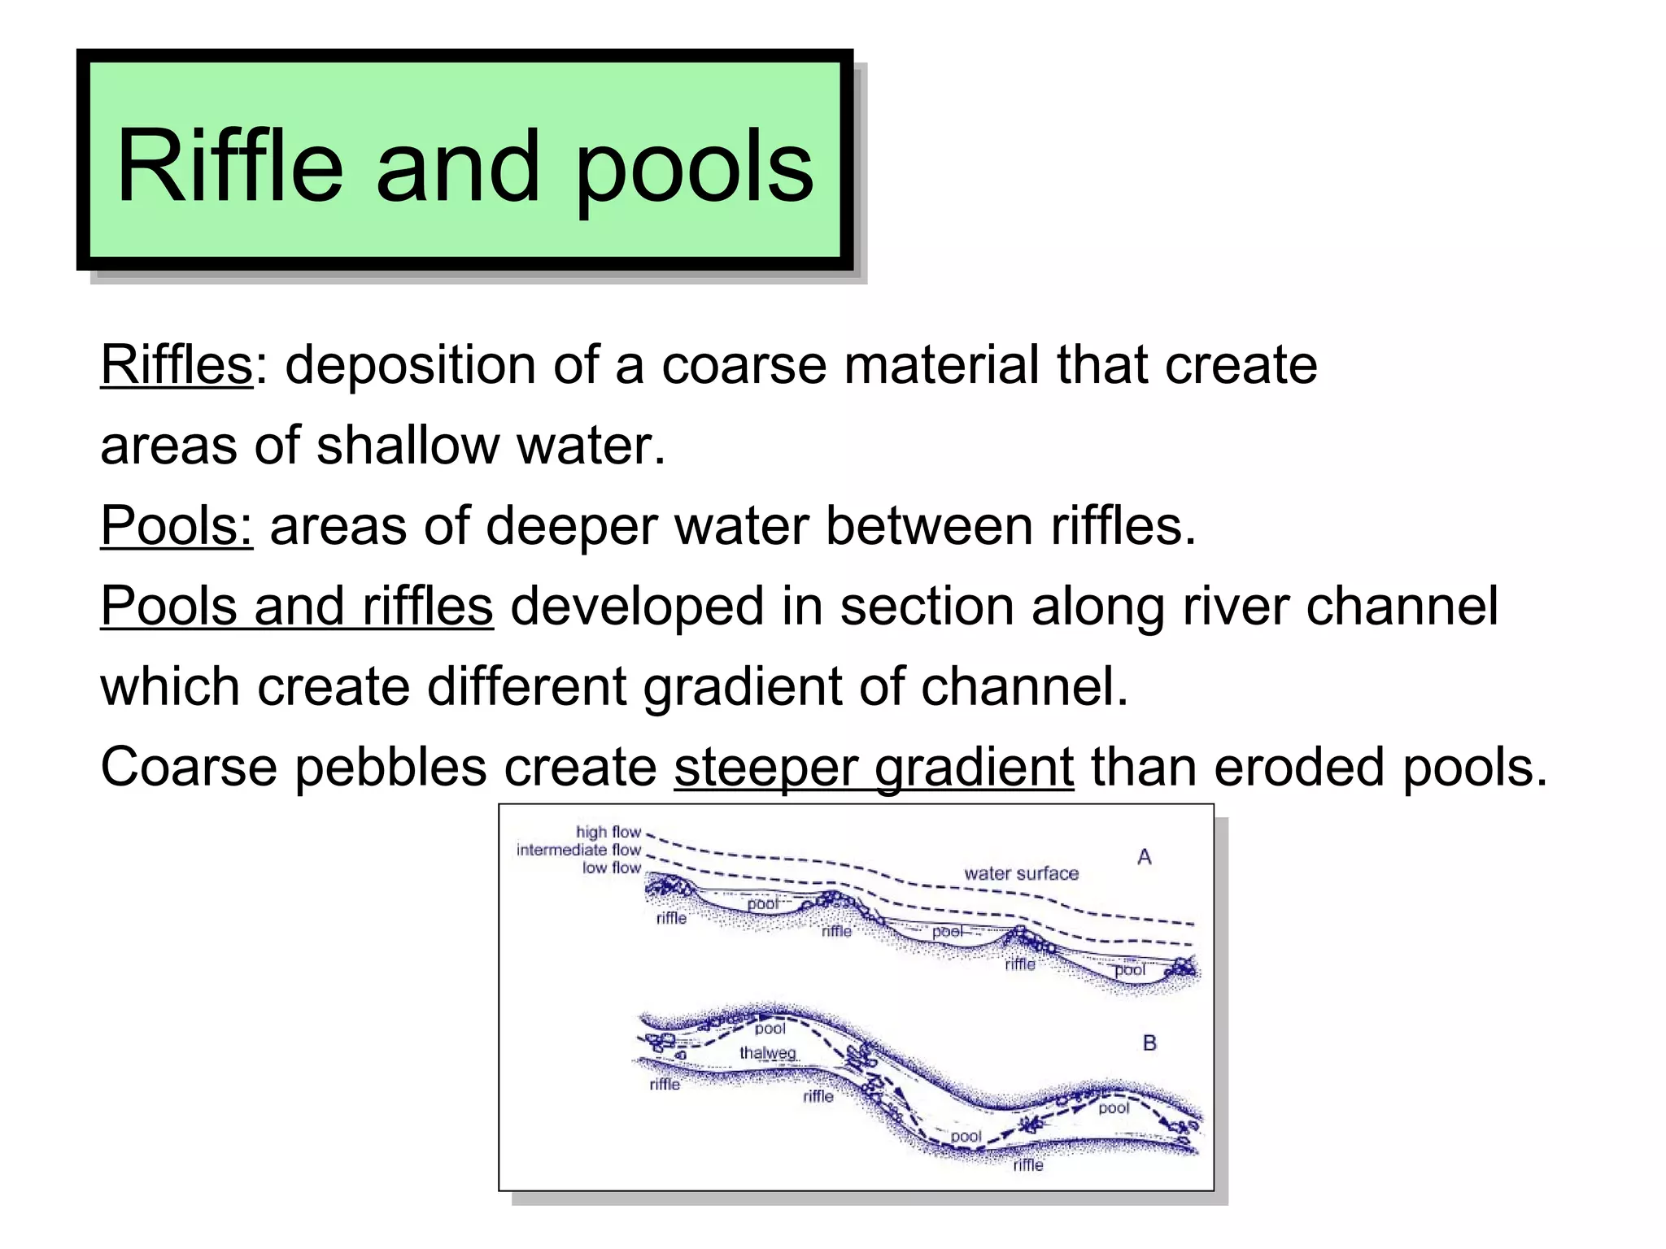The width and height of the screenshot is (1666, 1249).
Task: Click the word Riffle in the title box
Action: click(x=229, y=167)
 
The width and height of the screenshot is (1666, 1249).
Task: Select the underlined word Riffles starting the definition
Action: click(x=177, y=364)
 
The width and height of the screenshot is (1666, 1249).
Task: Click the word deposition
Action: click(x=410, y=366)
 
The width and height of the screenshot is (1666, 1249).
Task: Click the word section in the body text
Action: click(x=927, y=606)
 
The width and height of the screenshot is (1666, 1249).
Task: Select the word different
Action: click(x=526, y=686)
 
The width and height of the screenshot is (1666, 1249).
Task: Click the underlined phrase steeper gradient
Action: click(x=874, y=768)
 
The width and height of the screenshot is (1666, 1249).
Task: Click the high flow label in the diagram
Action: click(x=608, y=832)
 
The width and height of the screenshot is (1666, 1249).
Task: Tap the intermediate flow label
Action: click(x=578, y=850)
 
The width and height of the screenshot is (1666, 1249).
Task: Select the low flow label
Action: click(x=611, y=868)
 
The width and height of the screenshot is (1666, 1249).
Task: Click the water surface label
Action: click(x=1021, y=873)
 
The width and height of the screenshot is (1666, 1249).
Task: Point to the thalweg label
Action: click(x=767, y=1053)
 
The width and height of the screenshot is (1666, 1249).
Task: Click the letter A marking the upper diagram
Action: click(x=1144, y=856)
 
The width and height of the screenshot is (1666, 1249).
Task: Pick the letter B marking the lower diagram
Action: click(x=1149, y=1042)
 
